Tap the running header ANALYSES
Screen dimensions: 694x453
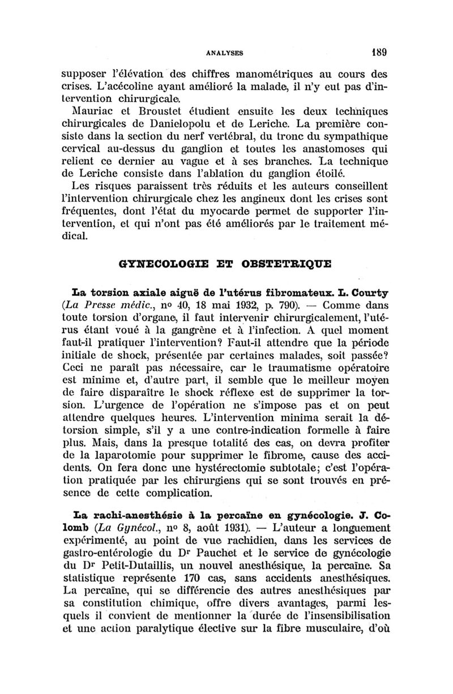tap(226, 54)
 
